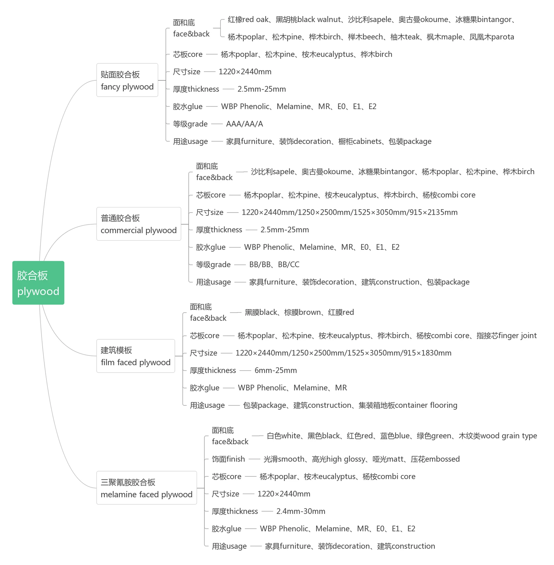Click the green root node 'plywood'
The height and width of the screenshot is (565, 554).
[38, 283]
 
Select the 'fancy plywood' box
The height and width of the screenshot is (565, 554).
[127, 80]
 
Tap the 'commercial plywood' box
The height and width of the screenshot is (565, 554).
[138, 224]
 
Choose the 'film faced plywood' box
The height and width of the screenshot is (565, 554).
[135, 356]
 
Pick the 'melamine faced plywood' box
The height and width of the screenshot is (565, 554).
[146, 488]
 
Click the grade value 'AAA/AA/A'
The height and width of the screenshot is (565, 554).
[244, 124]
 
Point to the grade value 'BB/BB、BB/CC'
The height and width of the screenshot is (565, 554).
[274, 264]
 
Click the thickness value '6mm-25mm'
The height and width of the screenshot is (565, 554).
[276, 370]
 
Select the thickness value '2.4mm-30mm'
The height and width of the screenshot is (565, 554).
[301, 511]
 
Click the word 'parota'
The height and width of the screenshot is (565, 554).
[502, 37]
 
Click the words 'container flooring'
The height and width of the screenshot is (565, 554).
[426, 405]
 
